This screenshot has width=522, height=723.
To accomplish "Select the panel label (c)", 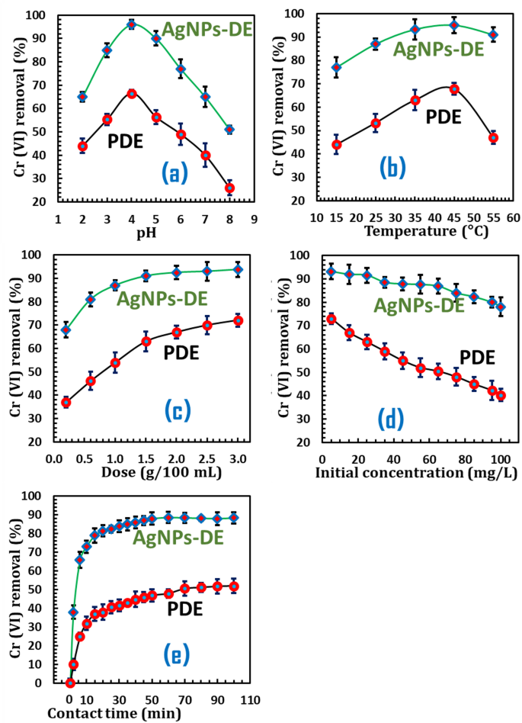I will tap(178, 410).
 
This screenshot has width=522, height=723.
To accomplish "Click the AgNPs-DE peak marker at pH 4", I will tap(131, 24).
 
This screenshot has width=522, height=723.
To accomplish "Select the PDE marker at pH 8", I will tap(229, 188).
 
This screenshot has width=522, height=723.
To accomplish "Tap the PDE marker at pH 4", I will tap(131, 93).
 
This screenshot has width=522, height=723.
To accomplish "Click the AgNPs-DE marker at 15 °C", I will tap(336, 67).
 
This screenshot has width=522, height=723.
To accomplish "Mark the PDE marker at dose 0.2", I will tap(66, 402).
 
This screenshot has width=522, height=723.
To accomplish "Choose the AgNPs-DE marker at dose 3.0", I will tap(238, 269).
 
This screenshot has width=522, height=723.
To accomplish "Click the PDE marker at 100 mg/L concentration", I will tap(501, 395).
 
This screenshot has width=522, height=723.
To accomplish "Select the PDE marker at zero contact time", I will tap(70, 683).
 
